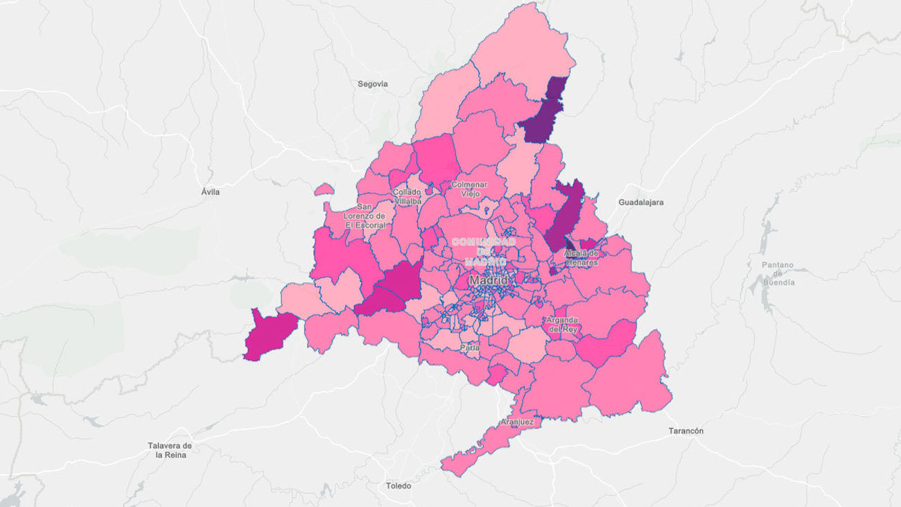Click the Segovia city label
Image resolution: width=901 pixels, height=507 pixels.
point(372,84)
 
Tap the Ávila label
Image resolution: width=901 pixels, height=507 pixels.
point(210,191)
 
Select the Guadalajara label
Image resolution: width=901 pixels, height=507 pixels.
point(640,203)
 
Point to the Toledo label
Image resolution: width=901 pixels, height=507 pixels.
point(399,485)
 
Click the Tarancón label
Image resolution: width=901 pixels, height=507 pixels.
point(685,431)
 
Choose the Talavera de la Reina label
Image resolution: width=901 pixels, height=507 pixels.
point(169,450)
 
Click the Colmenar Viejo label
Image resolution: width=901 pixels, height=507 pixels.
point(469,189)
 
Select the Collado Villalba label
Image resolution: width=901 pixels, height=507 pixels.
point(406,196)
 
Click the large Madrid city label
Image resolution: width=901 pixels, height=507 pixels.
point(489,280)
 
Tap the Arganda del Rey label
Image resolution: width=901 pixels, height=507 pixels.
point(561,325)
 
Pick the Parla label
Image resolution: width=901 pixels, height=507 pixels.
point(470,347)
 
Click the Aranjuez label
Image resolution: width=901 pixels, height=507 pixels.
point(516,422)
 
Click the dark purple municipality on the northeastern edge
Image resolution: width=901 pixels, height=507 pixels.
point(544,114)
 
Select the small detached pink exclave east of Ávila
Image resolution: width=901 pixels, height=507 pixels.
point(324,189)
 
